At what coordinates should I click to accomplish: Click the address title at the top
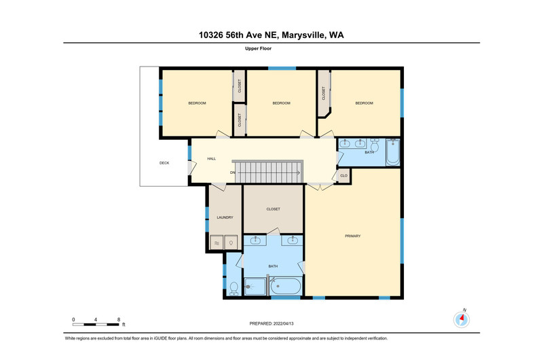coord(271,35)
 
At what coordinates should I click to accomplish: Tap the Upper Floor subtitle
coord(259,48)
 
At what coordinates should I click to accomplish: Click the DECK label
coord(164,163)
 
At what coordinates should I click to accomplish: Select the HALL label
coord(212,159)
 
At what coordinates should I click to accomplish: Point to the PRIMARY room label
coord(352,236)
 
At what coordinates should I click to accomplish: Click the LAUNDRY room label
coord(225,217)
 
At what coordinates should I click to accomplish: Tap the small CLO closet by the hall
coord(344,176)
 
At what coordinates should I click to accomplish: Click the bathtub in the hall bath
coord(393,152)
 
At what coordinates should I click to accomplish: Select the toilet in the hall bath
coord(375,145)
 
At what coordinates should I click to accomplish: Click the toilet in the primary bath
coord(233,289)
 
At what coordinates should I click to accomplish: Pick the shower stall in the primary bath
coord(255,287)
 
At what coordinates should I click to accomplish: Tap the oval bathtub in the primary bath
coord(286,286)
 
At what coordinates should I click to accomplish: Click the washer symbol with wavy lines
coord(217,243)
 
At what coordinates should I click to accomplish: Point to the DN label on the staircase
coord(233,173)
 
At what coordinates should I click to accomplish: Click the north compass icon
coord(462,319)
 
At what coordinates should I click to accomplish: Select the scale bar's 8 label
coord(119,319)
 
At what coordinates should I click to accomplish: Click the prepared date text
coord(271,323)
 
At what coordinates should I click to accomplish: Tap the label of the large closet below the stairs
coord(274,209)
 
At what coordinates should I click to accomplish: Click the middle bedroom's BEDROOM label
coord(281,103)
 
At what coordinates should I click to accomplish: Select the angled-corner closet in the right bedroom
coord(324,94)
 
